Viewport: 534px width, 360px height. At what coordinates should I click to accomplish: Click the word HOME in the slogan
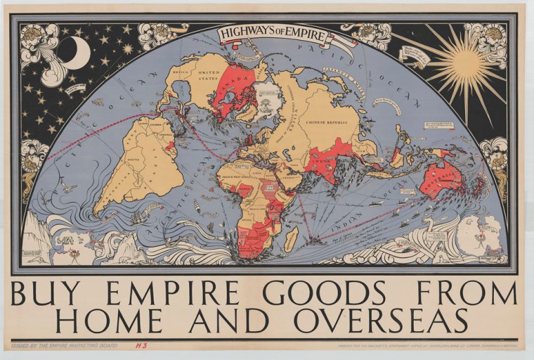(x=110, y=320)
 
